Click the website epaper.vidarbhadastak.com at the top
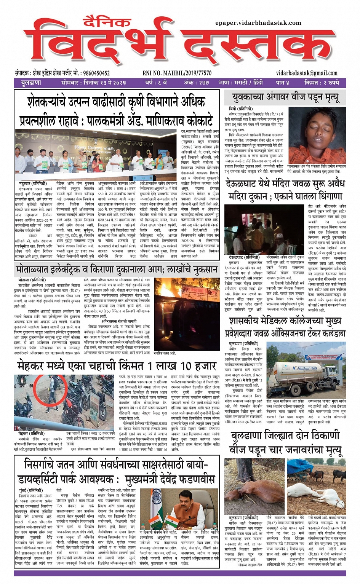(258, 23)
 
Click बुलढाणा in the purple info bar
(31, 83)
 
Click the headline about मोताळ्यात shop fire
(117, 270)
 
